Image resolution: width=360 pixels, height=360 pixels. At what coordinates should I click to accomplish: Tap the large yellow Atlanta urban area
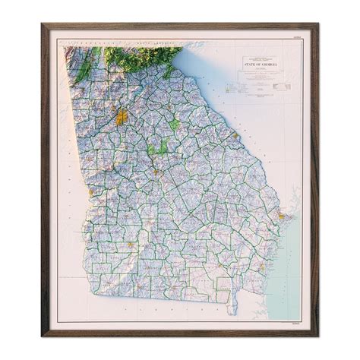[x=121, y=117]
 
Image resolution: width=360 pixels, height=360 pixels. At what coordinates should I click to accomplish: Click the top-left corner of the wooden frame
[x=42, y=24]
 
